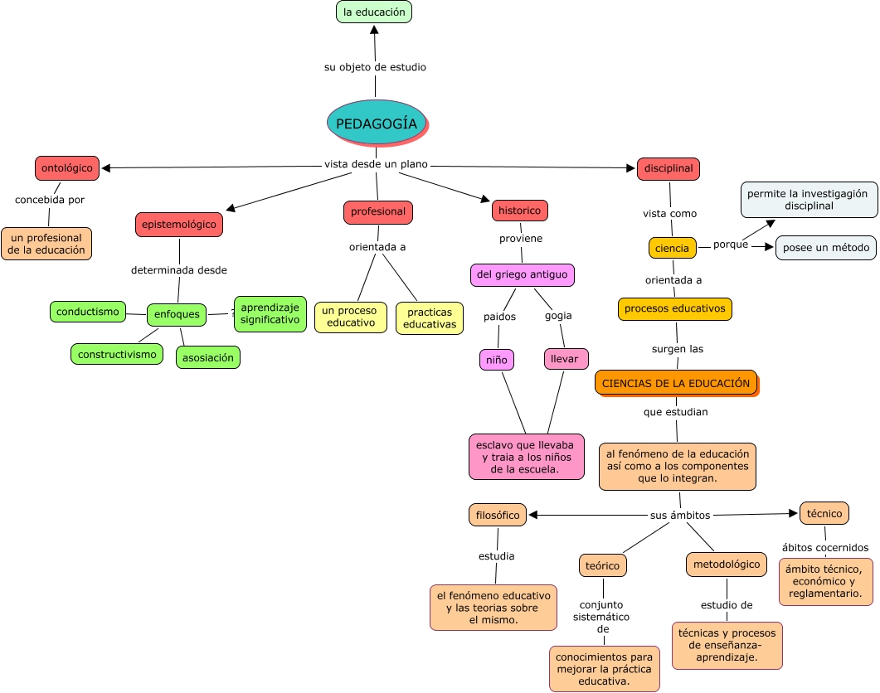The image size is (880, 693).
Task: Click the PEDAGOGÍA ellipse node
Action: pyautogui.click(x=377, y=123)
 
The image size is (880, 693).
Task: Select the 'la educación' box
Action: pyautogui.click(x=374, y=12)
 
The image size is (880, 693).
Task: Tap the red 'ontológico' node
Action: pyautogui.click(x=67, y=167)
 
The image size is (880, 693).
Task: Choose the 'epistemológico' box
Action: pyautogui.click(x=179, y=224)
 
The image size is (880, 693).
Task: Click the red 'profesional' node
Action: pyautogui.click(x=378, y=211)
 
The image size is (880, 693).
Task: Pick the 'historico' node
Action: pyautogui.click(x=519, y=211)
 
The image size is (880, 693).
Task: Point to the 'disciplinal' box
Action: pyautogui.click(x=669, y=168)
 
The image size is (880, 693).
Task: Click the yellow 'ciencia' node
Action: pyautogui.click(x=672, y=248)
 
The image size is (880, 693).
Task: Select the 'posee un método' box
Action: pyautogui.click(x=825, y=248)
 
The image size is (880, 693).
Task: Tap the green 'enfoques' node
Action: pyautogui.click(x=176, y=314)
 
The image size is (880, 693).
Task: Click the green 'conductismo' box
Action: pyautogui.click(x=88, y=312)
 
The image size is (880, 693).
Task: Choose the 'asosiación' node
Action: pyautogui.click(x=207, y=357)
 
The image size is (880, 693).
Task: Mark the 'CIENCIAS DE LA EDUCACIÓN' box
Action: pyautogui.click(x=675, y=383)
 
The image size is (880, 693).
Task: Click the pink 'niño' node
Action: pyautogui.click(x=497, y=359)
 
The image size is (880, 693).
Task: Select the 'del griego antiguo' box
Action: pyautogui.click(x=522, y=274)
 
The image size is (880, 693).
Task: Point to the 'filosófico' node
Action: pyautogui.click(x=498, y=515)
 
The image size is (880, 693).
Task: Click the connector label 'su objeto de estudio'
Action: pyautogui.click(x=375, y=67)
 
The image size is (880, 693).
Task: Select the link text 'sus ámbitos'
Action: pyautogui.click(x=680, y=515)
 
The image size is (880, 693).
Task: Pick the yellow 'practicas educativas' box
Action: pyautogui.click(x=429, y=318)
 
